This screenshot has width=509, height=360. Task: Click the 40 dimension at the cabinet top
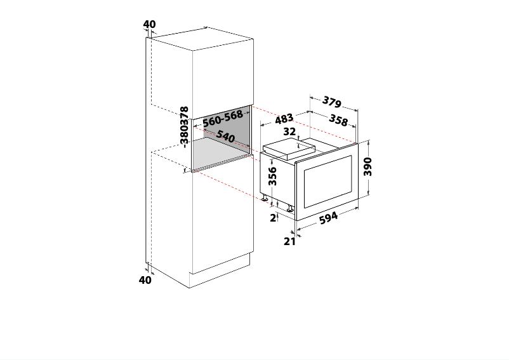pos(149,25)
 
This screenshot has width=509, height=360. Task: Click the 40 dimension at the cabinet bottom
pos(145,279)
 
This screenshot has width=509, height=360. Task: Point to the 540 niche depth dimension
pos(225,136)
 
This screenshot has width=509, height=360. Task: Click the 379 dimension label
pos(332,101)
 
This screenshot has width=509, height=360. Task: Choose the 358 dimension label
pos(339,120)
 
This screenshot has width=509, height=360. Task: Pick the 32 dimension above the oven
pos(290,132)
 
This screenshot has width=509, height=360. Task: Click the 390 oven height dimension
pos(367,166)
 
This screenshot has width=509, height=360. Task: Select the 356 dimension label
pos(272,176)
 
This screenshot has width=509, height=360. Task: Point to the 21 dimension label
pos(289,241)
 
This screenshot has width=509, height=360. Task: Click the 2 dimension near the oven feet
pos(274,218)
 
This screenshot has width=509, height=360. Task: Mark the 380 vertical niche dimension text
pos(184,135)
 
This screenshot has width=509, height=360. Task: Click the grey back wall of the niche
pos(222,129)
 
